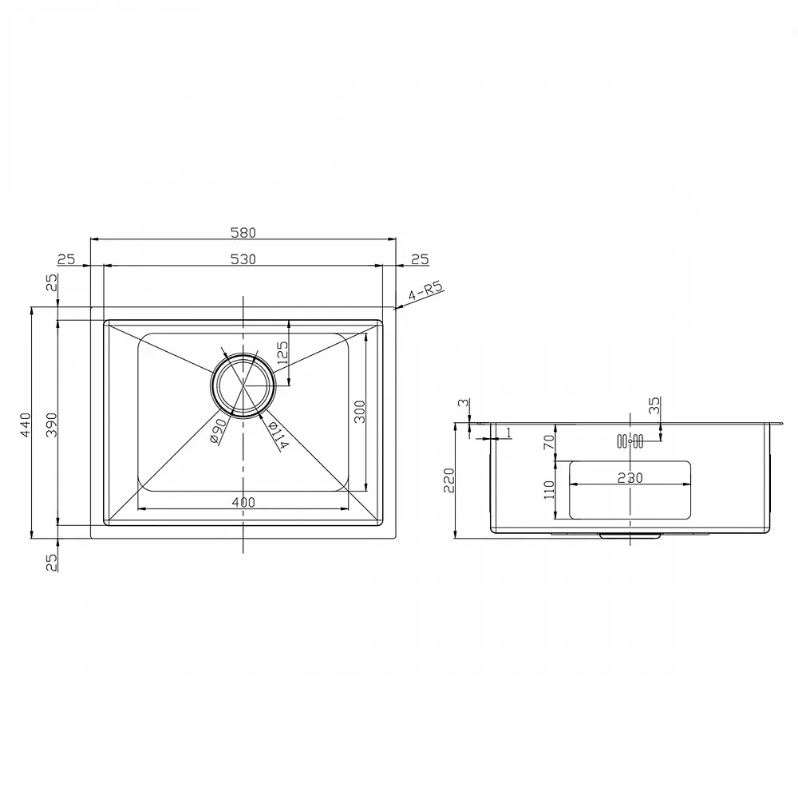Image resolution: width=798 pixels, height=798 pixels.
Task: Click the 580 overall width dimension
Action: click(x=243, y=232)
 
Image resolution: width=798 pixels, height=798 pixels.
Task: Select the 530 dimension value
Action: click(x=243, y=259)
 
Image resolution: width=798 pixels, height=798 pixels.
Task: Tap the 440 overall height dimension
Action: click(x=25, y=425)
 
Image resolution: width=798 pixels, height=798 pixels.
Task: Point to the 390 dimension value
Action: click(x=51, y=425)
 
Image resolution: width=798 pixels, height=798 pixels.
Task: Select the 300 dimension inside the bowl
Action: click(x=359, y=412)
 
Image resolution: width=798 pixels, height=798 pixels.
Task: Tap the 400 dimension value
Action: click(x=243, y=502)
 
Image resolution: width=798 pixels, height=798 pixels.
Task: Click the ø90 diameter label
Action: click(x=218, y=431)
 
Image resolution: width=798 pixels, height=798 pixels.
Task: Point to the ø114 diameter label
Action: click(x=278, y=436)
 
